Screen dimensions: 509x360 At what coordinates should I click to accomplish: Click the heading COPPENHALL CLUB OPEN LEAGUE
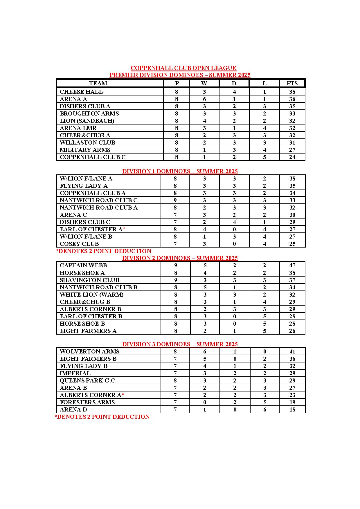pos(183,68)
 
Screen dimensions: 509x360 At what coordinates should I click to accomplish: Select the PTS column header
pos(292,83)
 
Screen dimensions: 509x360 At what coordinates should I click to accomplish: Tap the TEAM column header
pos(98,83)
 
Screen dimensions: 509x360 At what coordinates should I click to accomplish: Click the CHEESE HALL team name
pos(81,92)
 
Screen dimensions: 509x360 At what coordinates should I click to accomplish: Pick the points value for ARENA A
pos(292,99)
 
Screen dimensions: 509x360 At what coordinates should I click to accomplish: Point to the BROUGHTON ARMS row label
pos(89,113)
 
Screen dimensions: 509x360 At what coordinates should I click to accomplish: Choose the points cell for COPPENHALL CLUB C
pos(292,157)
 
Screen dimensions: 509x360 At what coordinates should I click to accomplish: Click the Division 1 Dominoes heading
pos(180,171)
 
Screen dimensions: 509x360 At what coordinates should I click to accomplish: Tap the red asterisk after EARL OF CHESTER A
pos(124,229)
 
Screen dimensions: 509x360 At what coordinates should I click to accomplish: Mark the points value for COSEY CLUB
pos(292,244)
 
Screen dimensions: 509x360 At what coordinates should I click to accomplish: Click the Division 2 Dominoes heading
pos(180,258)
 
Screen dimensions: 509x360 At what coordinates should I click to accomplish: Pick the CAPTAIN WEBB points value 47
pos(292,265)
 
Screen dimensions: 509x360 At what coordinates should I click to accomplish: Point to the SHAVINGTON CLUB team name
pos(89,280)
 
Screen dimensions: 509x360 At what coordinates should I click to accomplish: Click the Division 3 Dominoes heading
pos(180,344)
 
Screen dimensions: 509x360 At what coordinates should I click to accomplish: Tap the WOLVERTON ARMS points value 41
pos(292,351)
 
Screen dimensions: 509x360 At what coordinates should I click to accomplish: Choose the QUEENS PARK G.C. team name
pos(88,380)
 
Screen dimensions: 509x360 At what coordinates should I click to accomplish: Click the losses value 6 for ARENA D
pos(264,409)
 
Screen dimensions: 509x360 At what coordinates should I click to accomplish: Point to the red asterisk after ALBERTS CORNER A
pos(123,395)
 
